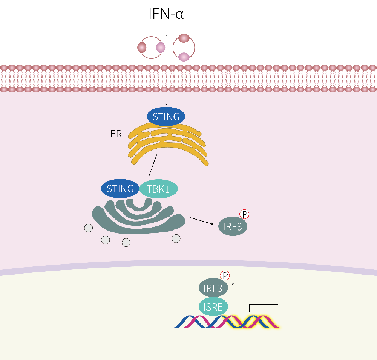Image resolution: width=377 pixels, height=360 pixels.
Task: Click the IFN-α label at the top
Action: point(166,15)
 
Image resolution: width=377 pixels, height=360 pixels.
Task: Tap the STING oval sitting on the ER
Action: point(166,117)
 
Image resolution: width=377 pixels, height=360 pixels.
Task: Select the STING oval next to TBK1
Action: point(120,188)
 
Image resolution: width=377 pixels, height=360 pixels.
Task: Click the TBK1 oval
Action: point(158,188)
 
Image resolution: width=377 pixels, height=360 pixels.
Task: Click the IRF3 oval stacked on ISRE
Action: point(213,289)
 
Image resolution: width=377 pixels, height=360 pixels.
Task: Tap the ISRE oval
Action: point(213,306)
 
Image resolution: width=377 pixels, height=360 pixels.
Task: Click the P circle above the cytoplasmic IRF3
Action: point(245,215)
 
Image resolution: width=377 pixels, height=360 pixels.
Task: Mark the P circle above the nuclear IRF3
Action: point(225,276)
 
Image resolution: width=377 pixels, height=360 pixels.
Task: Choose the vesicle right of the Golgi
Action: point(176,238)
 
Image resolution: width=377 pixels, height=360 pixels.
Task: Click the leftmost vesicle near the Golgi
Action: point(89,228)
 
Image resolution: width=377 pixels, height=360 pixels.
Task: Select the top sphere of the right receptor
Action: point(184,38)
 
